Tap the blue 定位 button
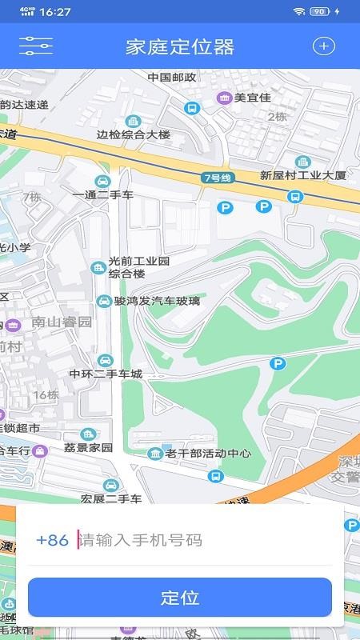click(x=180, y=598)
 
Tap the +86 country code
click(x=53, y=540)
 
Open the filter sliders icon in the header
click(x=36, y=46)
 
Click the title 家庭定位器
click(x=180, y=46)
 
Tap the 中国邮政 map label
click(x=172, y=78)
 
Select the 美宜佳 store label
click(x=252, y=98)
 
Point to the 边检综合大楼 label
click(x=134, y=134)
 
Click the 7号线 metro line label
click(x=216, y=178)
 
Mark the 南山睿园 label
click(x=62, y=322)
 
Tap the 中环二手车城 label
click(x=106, y=374)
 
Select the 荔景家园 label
click(x=89, y=447)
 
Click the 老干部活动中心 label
click(x=208, y=454)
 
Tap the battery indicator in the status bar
click(x=320, y=11)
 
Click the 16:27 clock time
click(x=54, y=12)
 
